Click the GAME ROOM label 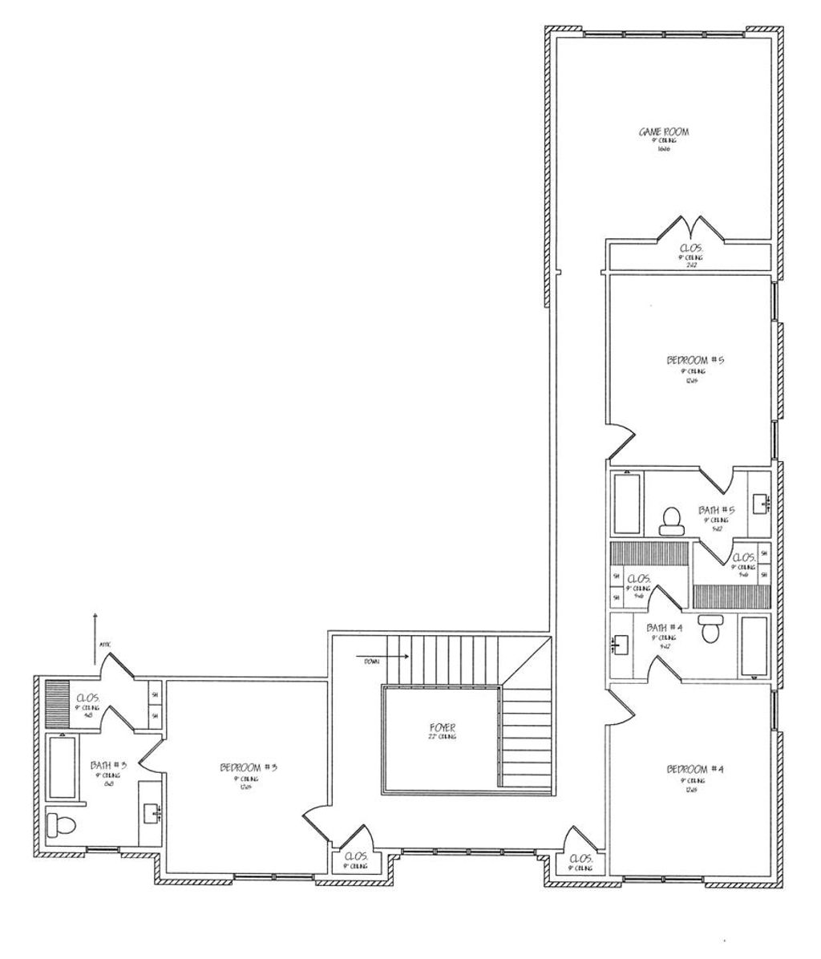(x=663, y=131)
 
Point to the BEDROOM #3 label (x=248, y=767)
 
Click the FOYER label (x=442, y=728)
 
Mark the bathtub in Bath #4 (x=754, y=645)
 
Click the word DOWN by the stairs (x=370, y=662)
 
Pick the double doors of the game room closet (x=690, y=228)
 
